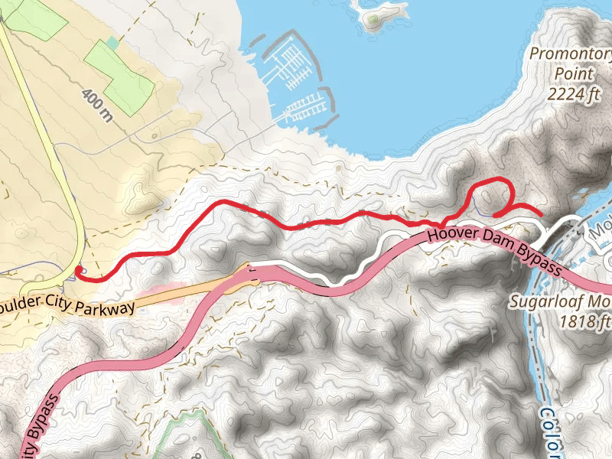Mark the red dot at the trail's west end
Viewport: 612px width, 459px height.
point(79,269)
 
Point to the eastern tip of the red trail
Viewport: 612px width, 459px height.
point(541,213)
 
